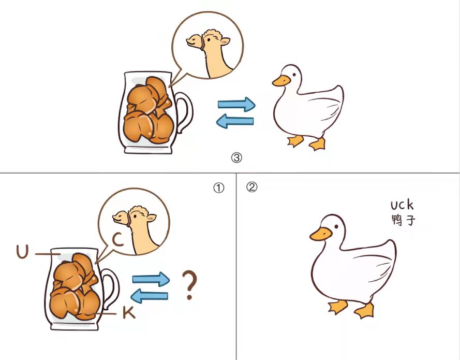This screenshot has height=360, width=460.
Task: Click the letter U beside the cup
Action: (23, 252)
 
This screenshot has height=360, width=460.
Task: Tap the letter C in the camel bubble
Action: (118, 240)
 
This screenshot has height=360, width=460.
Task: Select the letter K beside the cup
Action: (129, 313)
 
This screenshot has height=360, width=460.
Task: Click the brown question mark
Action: (190, 285)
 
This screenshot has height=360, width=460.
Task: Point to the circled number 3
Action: (236, 158)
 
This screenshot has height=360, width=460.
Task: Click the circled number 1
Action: (218, 188)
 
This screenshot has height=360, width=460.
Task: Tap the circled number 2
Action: (251, 187)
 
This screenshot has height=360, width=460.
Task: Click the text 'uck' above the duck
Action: (402, 205)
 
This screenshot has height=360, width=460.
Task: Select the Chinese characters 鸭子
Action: (404, 220)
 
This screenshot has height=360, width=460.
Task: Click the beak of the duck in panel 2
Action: (321, 234)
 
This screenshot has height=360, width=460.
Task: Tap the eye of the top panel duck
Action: (294, 76)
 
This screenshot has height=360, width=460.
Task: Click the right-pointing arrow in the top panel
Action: (236, 104)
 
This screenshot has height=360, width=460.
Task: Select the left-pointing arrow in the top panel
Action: (235, 121)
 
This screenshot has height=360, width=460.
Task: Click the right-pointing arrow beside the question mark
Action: (151, 279)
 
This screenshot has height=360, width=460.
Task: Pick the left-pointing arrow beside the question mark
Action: (150, 296)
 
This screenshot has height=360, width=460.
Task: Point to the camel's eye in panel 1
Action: (135, 216)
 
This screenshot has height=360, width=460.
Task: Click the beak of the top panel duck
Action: (281, 81)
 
